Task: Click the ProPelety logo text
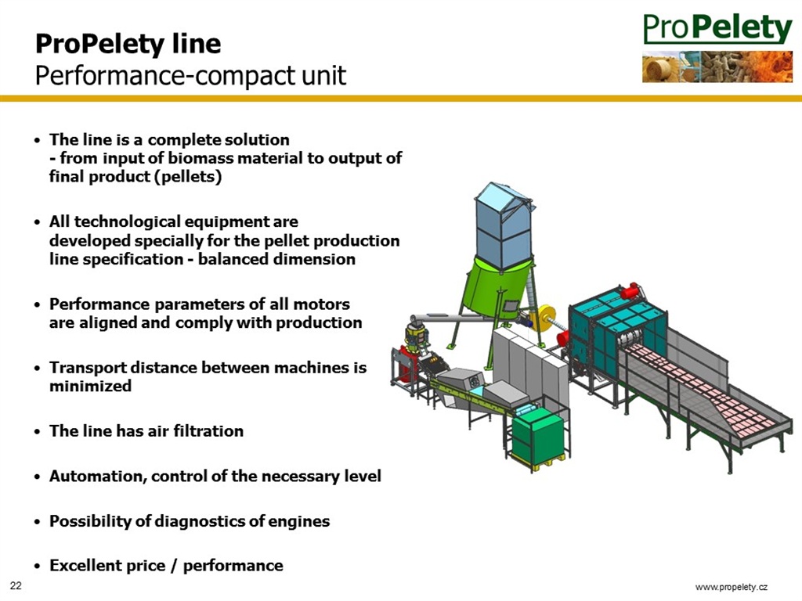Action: click(717, 29)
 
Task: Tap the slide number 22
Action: click(16, 585)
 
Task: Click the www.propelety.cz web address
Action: click(732, 587)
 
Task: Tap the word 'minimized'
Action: click(91, 386)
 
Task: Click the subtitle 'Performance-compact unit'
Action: click(191, 76)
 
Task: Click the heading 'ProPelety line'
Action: click(128, 44)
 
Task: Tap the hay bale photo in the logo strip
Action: click(662, 67)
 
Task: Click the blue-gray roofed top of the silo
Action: click(504, 225)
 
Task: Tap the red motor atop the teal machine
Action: click(632, 291)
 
